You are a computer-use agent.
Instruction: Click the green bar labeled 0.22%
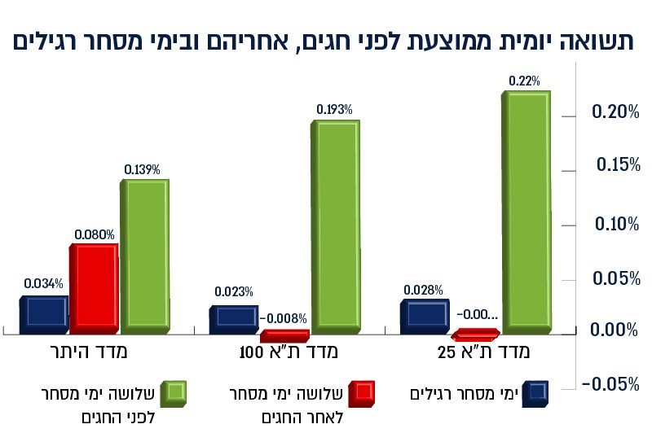(x=527, y=212)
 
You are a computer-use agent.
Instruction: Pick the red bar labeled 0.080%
(x=93, y=287)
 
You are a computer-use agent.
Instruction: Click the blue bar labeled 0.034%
(x=43, y=314)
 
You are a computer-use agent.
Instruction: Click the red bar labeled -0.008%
(x=284, y=335)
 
